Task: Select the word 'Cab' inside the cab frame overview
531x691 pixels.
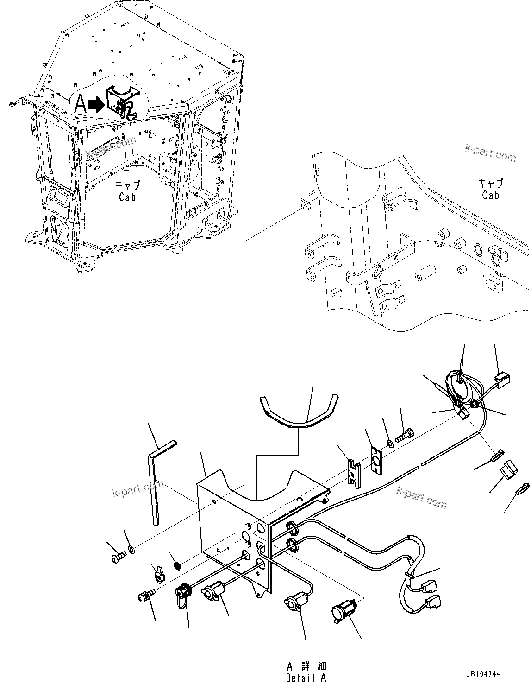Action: pyautogui.click(x=127, y=197)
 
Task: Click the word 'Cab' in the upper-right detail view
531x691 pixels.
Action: pyautogui.click(x=490, y=195)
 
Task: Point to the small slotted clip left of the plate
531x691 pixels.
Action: pyautogui.click(x=354, y=473)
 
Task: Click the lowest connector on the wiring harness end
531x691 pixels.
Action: pyautogui.click(x=433, y=602)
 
